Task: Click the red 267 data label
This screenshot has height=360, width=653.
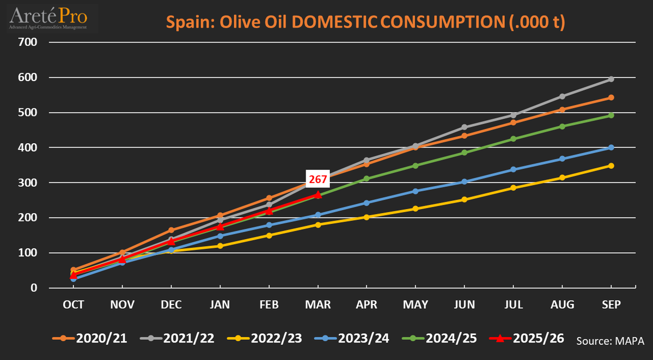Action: (x=318, y=180)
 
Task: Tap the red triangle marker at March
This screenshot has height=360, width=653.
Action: (x=318, y=194)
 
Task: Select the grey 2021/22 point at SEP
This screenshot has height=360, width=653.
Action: (x=611, y=79)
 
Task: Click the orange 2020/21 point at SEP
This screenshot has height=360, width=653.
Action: (x=611, y=97)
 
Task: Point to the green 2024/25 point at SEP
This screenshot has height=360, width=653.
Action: (x=611, y=115)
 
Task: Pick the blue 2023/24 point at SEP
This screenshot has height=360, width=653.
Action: (x=611, y=148)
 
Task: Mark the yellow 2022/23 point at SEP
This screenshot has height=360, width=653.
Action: (x=611, y=166)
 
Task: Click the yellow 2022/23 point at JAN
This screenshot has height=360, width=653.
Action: (x=220, y=246)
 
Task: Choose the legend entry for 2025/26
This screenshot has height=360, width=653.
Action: (x=528, y=338)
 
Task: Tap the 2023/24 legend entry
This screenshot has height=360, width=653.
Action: (x=352, y=338)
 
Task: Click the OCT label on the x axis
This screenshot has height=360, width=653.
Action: (x=74, y=305)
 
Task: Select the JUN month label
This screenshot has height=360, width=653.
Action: (x=465, y=305)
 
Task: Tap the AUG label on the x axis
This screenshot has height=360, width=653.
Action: (x=562, y=305)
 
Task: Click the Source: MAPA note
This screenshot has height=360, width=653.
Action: (x=610, y=341)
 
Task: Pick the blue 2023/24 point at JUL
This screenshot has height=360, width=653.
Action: (x=513, y=169)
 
